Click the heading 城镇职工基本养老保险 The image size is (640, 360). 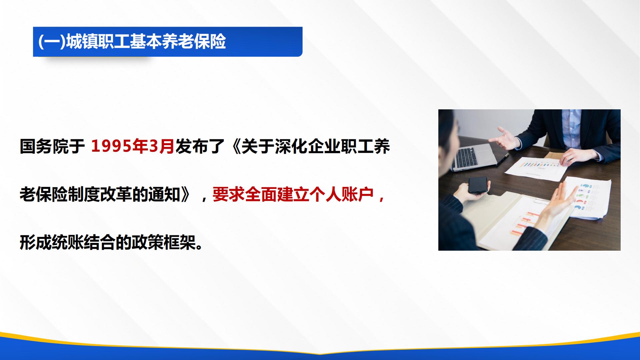click(146, 42)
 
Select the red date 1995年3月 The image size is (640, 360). click(133, 146)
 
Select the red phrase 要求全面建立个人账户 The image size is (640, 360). click(293, 194)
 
